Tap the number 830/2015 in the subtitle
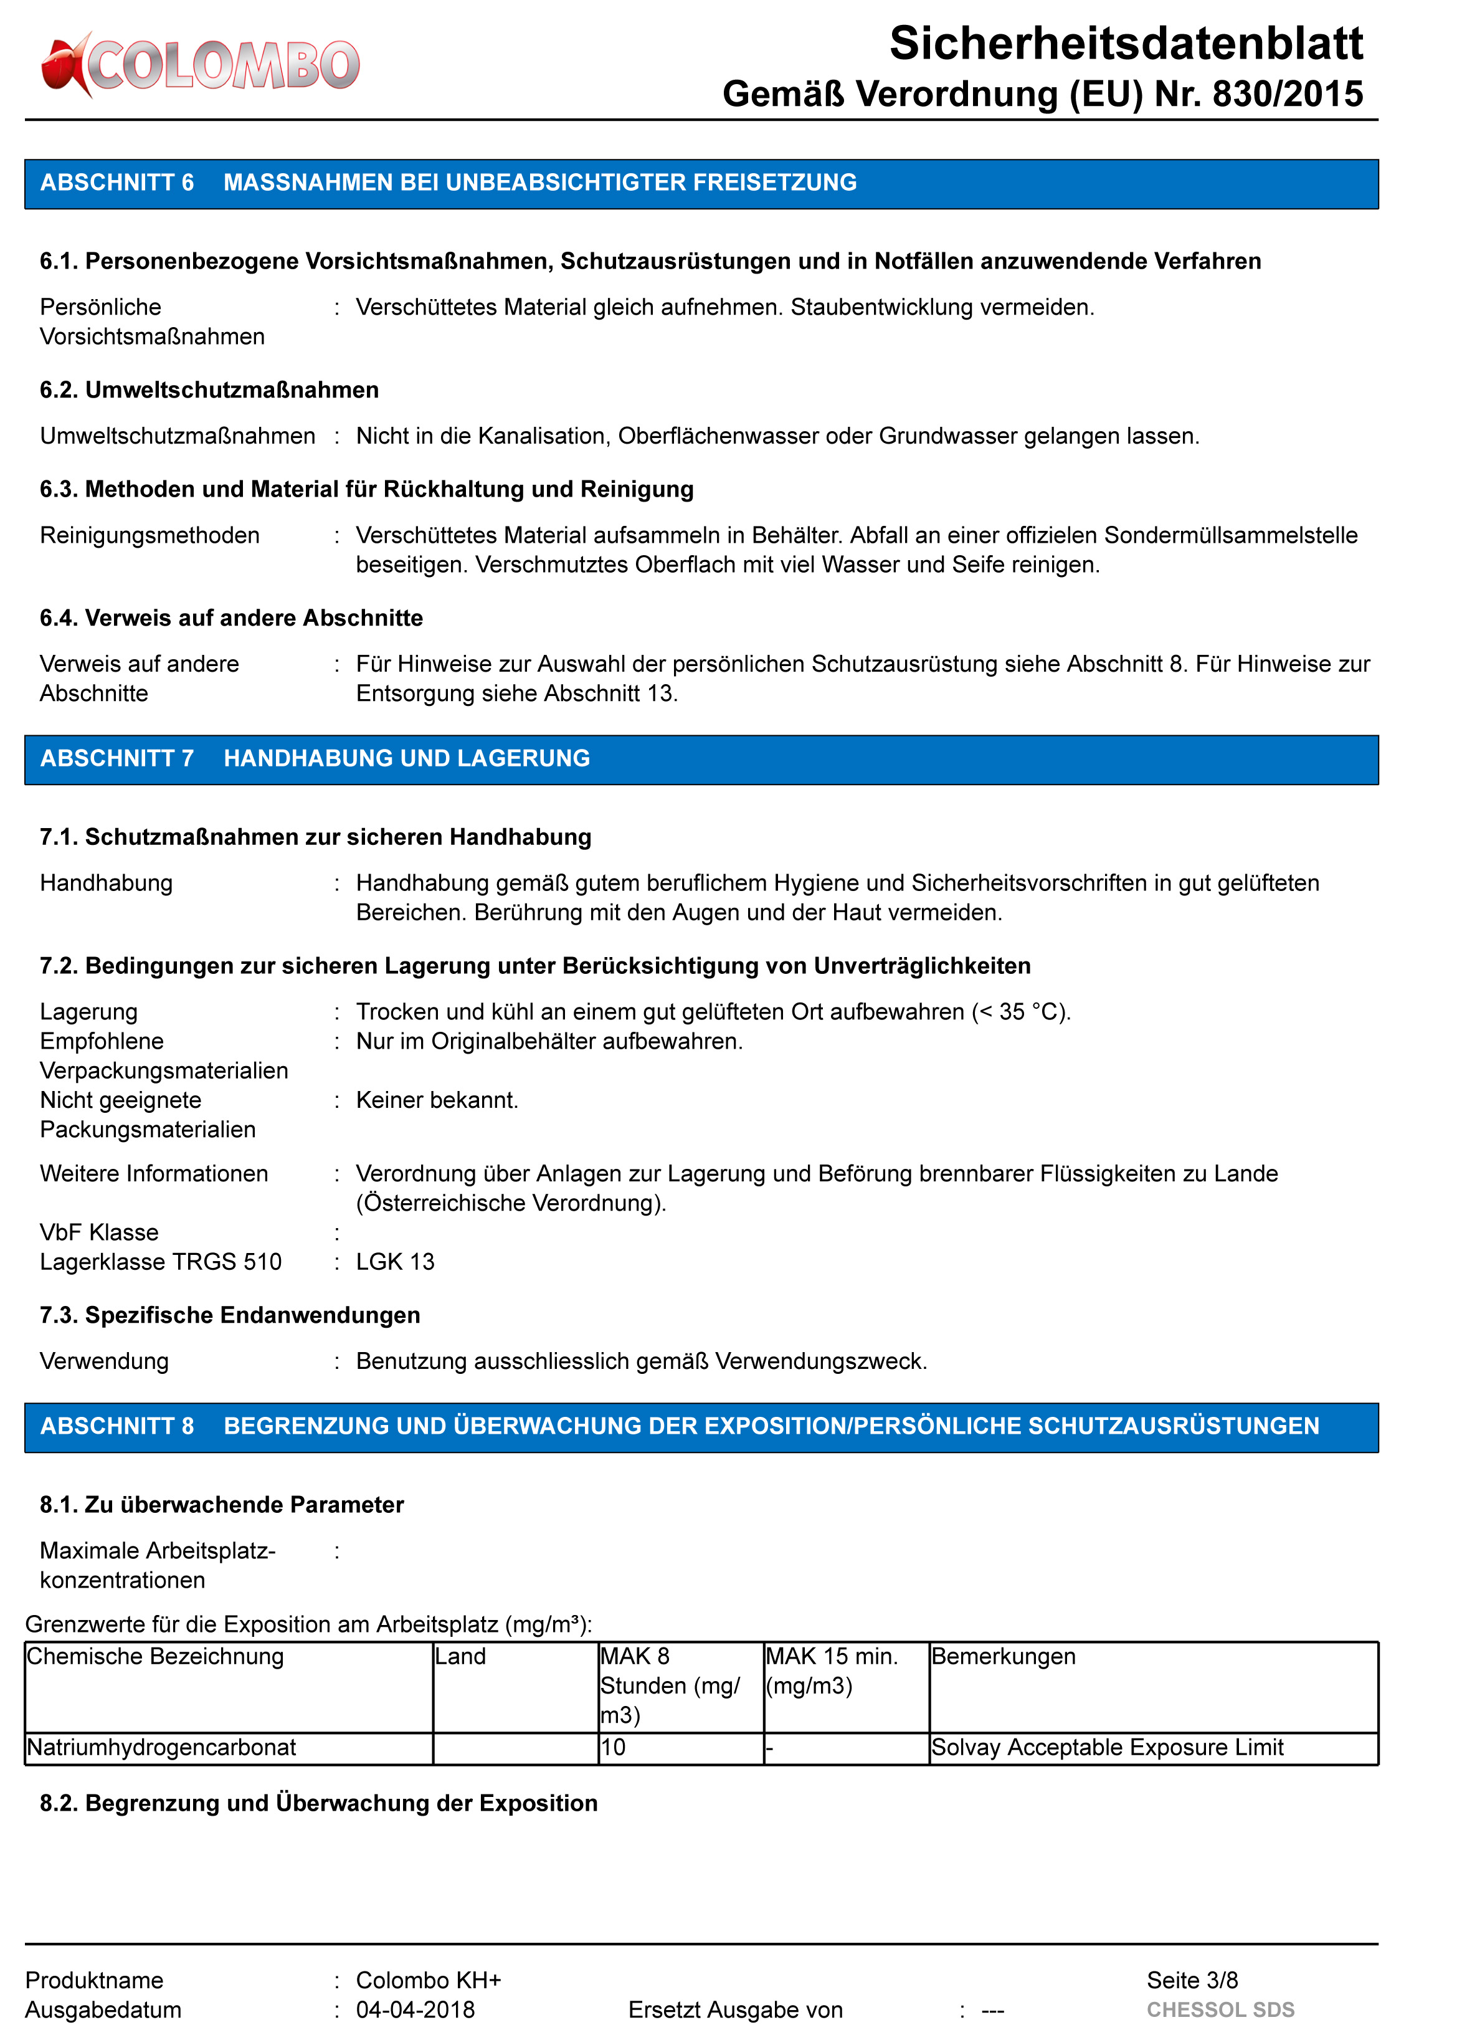(1286, 94)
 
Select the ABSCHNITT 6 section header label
(117, 183)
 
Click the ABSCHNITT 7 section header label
(117, 758)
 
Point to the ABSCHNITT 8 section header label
(117, 1426)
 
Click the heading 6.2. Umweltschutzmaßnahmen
(209, 390)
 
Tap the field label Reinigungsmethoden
(150, 535)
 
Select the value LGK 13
(394, 1261)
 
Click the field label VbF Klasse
(99, 1232)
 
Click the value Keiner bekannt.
(437, 1100)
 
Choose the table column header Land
(461, 1656)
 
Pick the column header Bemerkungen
(1003, 1656)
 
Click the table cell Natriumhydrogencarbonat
(162, 1747)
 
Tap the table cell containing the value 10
(614, 1747)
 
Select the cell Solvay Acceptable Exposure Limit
(1107, 1747)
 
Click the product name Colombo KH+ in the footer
(429, 1980)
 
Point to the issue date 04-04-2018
(415, 2009)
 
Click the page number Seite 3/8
(1192, 1980)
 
